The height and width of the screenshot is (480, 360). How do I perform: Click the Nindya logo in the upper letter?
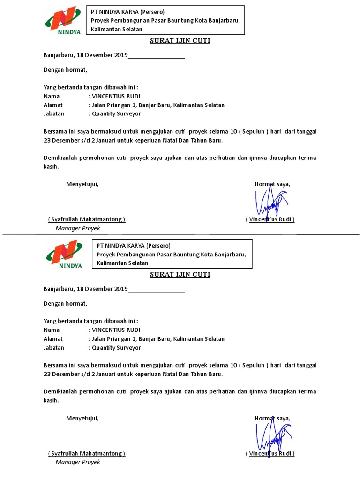click(63, 20)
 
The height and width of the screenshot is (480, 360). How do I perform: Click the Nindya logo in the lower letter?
click(64, 254)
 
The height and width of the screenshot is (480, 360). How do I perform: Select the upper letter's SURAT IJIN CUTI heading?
click(180, 41)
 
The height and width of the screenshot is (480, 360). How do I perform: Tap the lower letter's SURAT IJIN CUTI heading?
click(180, 275)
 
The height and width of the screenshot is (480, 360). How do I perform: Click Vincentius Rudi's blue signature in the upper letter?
click(271, 202)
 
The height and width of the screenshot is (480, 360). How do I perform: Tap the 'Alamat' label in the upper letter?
click(53, 105)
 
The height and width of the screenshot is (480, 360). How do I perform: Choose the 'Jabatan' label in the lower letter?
click(54, 348)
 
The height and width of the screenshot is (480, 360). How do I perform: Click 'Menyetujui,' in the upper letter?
click(82, 184)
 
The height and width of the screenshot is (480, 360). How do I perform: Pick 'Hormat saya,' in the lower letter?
click(272, 418)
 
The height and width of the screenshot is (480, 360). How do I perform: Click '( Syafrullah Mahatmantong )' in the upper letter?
click(87, 219)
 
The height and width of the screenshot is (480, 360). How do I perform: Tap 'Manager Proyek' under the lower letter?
click(78, 462)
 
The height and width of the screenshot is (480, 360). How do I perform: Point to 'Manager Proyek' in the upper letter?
click(78, 228)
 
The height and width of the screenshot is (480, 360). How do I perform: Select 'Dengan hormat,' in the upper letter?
click(65, 70)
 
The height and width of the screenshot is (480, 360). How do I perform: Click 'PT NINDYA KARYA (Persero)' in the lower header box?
click(134, 246)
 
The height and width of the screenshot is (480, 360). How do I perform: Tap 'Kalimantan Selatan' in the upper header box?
click(117, 29)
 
